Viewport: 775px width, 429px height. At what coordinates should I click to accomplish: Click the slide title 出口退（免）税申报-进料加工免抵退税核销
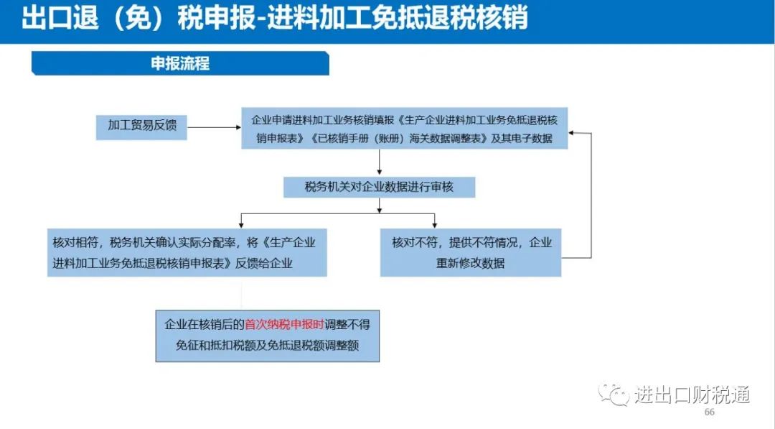pyautogui.click(x=275, y=18)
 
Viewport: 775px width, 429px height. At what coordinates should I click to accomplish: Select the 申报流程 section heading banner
pyautogui.click(x=180, y=63)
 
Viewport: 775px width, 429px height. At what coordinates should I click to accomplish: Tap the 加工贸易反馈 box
pyautogui.click(x=142, y=126)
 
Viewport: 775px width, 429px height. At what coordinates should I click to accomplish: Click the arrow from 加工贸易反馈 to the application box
pyautogui.click(x=215, y=127)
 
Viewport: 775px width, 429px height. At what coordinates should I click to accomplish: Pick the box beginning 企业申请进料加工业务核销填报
pyautogui.click(x=404, y=128)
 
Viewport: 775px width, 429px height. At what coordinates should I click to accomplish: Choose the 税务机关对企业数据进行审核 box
pyautogui.click(x=379, y=187)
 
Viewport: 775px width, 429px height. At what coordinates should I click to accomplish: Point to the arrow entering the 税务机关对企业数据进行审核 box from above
pyautogui.click(x=379, y=162)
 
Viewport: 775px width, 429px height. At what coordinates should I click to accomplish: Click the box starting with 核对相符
pyautogui.click(x=187, y=252)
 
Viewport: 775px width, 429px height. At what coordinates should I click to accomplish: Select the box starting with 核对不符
pyautogui.click(x=471, y=252)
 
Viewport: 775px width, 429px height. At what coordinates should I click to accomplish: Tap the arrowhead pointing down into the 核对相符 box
pyautogui.click(x=241, y=225)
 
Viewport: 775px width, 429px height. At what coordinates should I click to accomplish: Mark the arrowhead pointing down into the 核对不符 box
pyautogui.click(x=434, y=225)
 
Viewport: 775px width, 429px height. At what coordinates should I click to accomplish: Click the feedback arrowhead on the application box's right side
pyautogui.click(x=571, y=133)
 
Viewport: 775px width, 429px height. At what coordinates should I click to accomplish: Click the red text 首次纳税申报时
pyautogui.click(x=284, y=325)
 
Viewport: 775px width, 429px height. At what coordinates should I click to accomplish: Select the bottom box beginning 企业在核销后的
pyautogui.click(x=268, y=336)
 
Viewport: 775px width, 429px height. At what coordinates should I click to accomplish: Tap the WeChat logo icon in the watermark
pyautogui.click(x=614, y=393)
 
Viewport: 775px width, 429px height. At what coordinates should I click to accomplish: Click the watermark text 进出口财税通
pyautogui.click(x=692, y=395)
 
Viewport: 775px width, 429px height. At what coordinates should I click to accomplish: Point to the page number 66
pyautogui.click(x=709, y=412)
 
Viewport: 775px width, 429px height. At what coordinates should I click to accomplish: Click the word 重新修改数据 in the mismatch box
pyautogui.click(x=471, y=263)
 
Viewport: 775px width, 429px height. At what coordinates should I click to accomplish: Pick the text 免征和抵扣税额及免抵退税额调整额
pyautogui.click(x=268, y=346)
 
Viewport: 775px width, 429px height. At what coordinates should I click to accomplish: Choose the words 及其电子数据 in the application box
pyautogui.click(x=522, y=139)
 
